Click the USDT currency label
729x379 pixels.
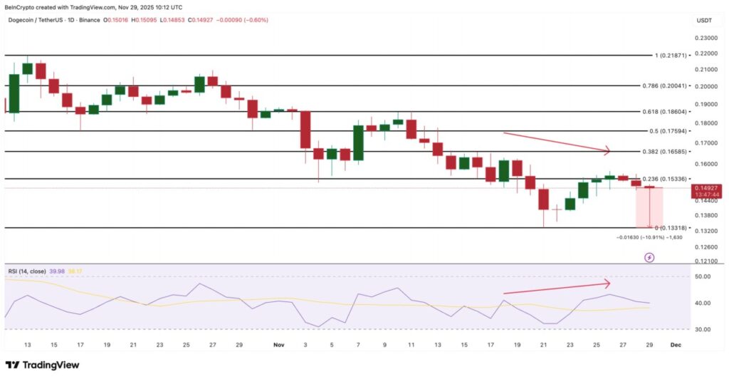(x=703, y=21)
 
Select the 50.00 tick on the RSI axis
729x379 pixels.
(x=703, y=276)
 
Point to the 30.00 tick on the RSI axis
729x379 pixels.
(x=703, y=329)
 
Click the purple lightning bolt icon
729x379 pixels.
(x=649, y=257)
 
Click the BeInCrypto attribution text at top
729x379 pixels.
(x=85, y=7)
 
